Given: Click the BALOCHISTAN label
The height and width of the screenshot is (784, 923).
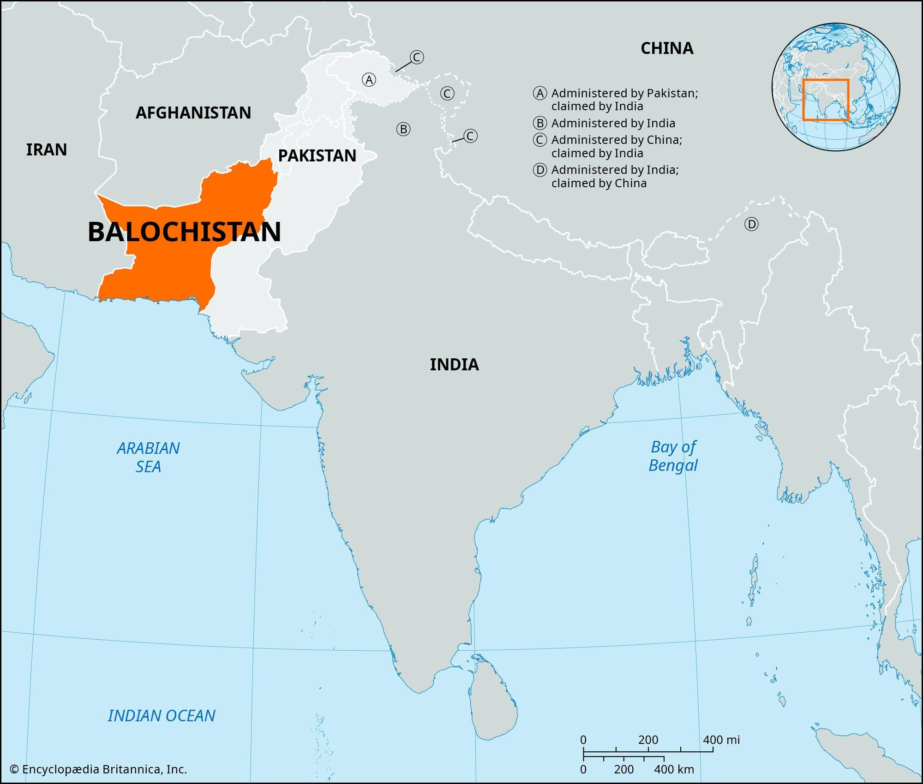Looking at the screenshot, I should coord(184,232).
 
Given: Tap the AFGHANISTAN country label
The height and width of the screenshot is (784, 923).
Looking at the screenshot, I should coord(193,113).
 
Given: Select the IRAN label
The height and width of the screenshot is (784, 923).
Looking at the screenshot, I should coord(47,150).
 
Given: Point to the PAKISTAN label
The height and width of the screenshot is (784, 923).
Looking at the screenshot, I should coord(317,156).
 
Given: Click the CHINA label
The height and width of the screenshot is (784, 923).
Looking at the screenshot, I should coord(667,48).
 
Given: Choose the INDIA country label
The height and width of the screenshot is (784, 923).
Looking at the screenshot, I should coord(454,365).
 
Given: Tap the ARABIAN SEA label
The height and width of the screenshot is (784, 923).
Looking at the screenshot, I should coord(148,457).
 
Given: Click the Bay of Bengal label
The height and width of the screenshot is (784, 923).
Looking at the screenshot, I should coord(673,456).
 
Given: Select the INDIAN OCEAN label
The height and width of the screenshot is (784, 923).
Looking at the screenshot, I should coord(162,716).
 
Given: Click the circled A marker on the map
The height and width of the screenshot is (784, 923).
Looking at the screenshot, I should coord(369,80).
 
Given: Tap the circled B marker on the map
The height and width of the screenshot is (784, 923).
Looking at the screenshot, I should coord(403,129).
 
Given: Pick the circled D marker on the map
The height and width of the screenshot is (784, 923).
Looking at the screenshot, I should coord(751,225).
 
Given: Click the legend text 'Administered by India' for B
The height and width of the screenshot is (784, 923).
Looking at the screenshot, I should coord(613,124).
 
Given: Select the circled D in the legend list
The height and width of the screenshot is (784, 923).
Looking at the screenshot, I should coord(539,170).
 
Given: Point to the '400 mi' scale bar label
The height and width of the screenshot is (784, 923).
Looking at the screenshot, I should coord(721,740).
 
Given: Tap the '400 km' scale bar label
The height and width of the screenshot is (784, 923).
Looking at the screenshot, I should coord(674,770).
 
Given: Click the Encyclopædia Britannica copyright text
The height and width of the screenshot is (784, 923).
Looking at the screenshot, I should coord(99,769).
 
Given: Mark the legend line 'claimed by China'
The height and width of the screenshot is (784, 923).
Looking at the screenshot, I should coord(599,184).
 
